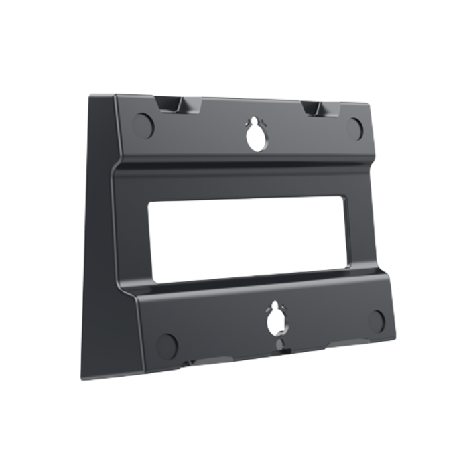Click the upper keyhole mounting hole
(255, 137)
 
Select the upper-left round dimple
(143, 122)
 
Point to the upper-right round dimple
(355, 127)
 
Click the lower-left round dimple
(167, 345)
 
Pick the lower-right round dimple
(377, 320)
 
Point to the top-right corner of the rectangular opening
(344, 198)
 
